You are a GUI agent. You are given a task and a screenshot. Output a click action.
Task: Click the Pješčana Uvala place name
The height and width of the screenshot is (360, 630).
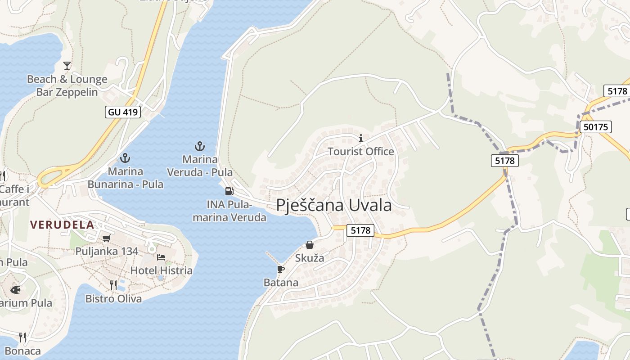pyautogui.click(x=333, y=206)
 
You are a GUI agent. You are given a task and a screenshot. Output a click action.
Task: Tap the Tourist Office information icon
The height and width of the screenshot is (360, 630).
pyautogui.click(x=360, y=138)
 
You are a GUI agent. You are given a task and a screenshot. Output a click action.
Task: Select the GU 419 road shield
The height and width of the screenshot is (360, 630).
pyautogui.click(x=123, y=112)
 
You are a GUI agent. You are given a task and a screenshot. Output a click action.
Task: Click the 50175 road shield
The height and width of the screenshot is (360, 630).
pyautogui.click(x=596, y=127)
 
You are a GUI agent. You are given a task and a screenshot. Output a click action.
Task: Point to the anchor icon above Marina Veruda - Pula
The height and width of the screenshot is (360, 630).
pyautogui.click(x=199, y=146)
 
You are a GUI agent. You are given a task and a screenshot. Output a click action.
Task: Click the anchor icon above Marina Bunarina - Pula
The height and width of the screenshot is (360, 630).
pyautogui.click(x=125, y=158)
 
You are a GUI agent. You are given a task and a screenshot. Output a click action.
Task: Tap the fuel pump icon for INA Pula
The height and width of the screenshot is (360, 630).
pyautogui.click(x=229, y=191)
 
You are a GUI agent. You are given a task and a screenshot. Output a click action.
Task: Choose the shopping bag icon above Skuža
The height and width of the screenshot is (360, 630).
pyautogui.click(x=310, y=245)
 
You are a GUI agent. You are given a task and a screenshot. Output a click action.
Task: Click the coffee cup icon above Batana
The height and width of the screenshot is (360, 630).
pyautogui.click(x=281, y=269)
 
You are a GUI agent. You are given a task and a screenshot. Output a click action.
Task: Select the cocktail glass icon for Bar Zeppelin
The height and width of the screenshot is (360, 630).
pyautogui.click(x=67, y=66)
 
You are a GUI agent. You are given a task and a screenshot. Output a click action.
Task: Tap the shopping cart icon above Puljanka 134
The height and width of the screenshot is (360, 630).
pyautogui.click(x=106, y=238)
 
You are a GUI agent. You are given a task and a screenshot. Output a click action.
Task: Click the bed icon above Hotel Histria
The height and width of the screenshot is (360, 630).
pyautogui.click(x=161, y=257)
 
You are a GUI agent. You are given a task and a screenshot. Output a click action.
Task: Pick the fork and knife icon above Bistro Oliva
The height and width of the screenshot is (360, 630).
pyautogui.click(x=113, y=285)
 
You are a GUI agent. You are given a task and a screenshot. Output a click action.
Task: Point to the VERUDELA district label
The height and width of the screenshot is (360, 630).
pyautogui.click(x=62, y=225)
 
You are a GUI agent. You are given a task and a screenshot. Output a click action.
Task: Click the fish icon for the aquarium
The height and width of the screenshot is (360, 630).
pyautogui.click(x=15, y=289)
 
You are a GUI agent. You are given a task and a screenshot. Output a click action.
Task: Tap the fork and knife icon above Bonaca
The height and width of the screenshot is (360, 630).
pyautogui.click(x=22, y=337)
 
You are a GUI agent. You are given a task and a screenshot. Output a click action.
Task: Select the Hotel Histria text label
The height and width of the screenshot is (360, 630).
pyautogui.click(x=161, y=270)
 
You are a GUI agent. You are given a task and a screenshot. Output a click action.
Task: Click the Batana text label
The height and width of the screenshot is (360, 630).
pyautogui.click(x=281, y=283)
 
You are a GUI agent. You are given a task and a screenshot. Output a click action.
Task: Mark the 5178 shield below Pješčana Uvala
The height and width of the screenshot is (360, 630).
pyautogui.click(x=360, y=230)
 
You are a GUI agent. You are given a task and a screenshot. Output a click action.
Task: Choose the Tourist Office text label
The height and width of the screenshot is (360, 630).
pyautogui.click(x=360, y=152)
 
